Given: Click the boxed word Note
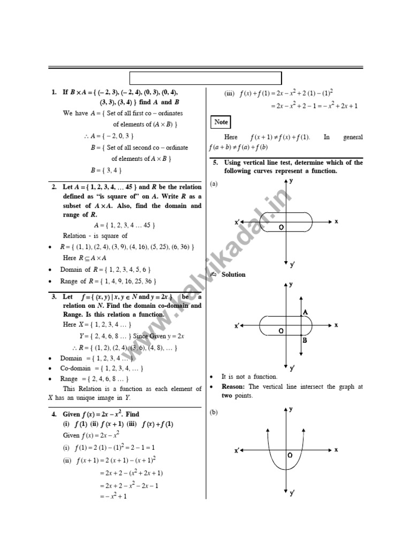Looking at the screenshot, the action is [x=221, y=122].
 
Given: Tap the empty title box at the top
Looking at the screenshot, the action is [x=206, y=78].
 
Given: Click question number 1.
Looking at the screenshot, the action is [x=54, y=92].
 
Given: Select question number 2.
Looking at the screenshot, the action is [x=54, y=187].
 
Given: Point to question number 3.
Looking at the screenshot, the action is [x=54, y=296].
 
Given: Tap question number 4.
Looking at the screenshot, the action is [x=54, y=414].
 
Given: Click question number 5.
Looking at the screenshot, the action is [x=215, y=162].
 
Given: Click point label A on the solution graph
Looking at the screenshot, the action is [x=305, y=312].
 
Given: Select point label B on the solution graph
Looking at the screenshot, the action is [x=305, y=340].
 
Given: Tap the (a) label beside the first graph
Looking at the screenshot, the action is [x=214, y=184].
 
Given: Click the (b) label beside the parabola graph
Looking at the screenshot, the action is [x=214, y=412].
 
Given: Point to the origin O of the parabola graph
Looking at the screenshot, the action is [x=290, y=455].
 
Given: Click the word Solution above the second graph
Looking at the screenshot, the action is [x=233, y=274].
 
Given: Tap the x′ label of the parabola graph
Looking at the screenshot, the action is [x=237, y=451].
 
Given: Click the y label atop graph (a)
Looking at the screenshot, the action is [x=291, y=181].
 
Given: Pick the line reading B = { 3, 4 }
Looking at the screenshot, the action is [x=106, y=170].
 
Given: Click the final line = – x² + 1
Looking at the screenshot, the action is [x=113, y=496].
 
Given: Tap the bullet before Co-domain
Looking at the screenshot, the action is [x=50, y=369].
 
